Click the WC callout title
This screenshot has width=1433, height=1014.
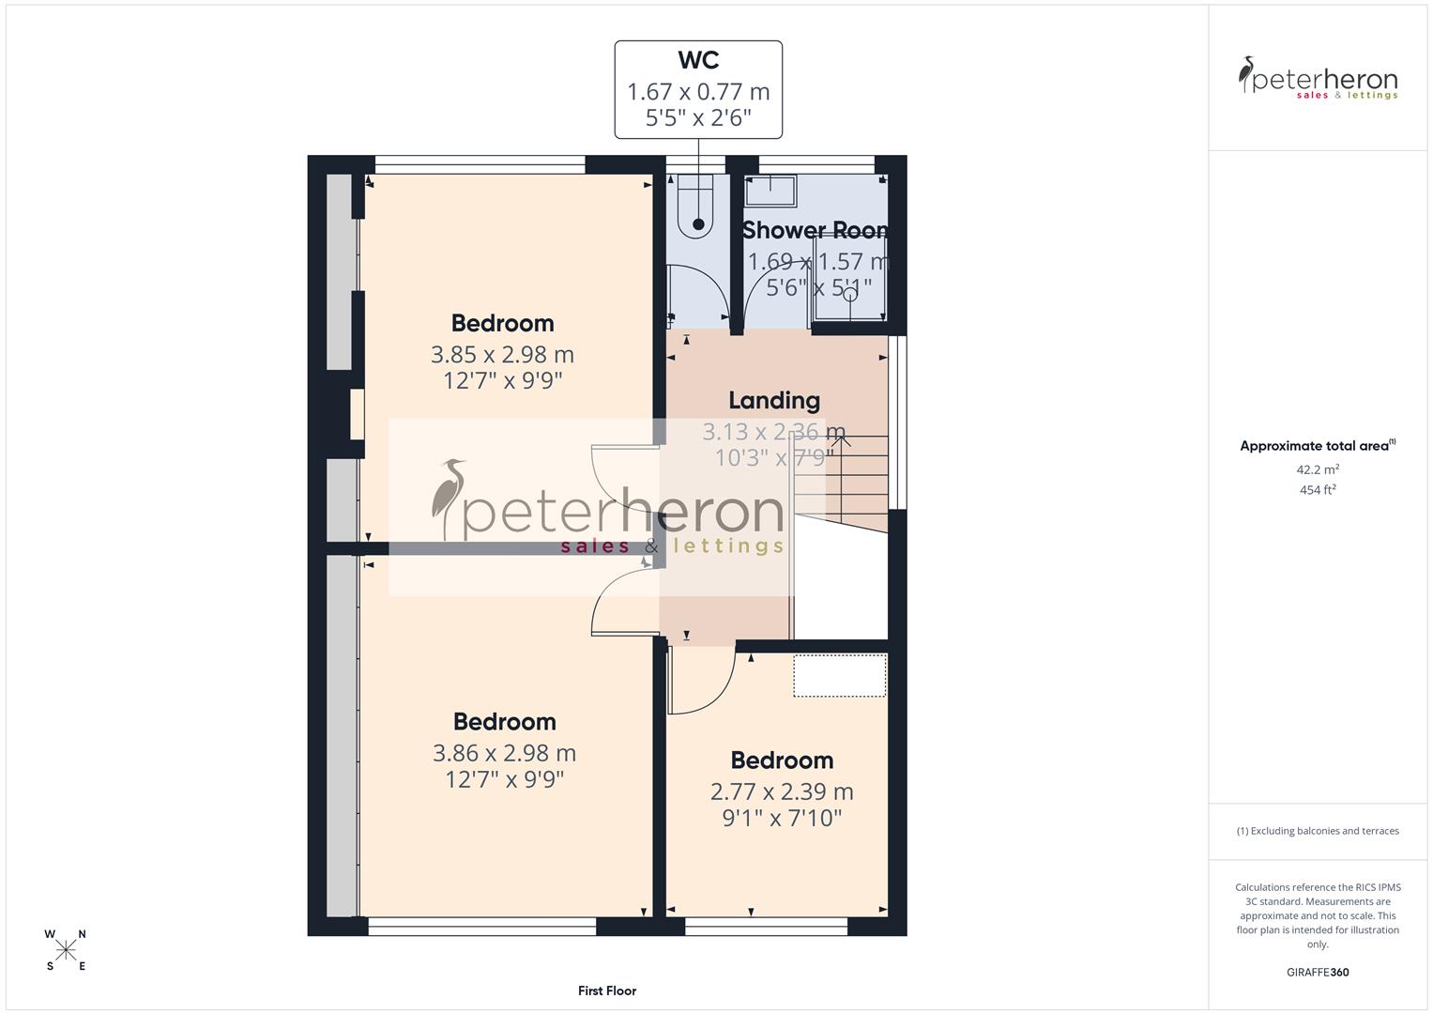pyautogui.click(x=698, y=60)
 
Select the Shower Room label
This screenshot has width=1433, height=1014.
pyautogui.click(x=816, y=230)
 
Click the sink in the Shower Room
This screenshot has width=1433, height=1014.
pyautogui.click(x=770, y=192)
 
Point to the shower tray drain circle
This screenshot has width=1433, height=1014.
pyautogui.click(x=849, y=294)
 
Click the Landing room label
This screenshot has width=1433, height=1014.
pyautogui.click(x=774, y=401)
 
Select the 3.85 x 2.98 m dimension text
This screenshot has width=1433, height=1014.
pyautogui.click(x=502, y=355)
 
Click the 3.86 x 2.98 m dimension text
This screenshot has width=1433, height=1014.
pyautogui.click(x=504, y=753)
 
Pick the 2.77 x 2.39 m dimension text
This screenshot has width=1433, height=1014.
pyautogui.click(x=782, y=791)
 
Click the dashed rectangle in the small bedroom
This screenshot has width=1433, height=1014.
pyautogui.click(x=839, y=676)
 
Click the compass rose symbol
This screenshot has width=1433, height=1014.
pyautogui.click(x=66, y=950)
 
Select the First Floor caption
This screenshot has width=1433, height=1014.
pyautogui.click(x=607, y=991)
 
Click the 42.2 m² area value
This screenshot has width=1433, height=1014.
pyautogui.click(x=1318, y=469)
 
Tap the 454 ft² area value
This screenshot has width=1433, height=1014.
pyautogui.click(x=1318, y=490)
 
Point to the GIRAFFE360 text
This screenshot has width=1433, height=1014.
pyautogui.click(x=1318, y=973)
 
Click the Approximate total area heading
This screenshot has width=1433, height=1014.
pyautogui.click(x=1316, y=446)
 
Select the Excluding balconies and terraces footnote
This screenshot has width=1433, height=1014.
pyautogui.click(x=1318, y=831)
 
